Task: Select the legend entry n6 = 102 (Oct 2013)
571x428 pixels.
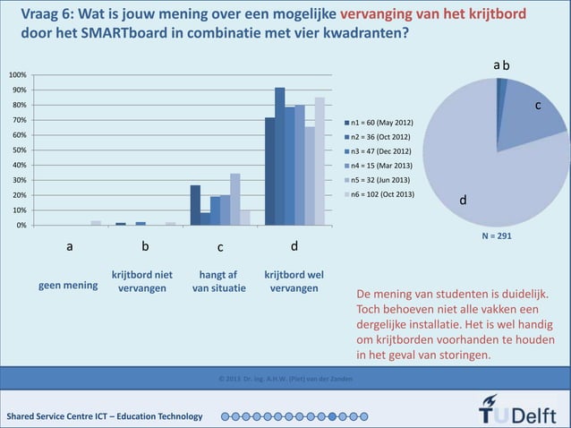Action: pyautogui.click(x=381, y=193)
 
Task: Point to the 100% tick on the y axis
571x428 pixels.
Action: pyautogui.click(x=18, y=75)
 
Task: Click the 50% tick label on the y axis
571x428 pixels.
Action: pyautogui.click(x=19, y=150)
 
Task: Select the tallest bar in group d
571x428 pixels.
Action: pyautogui.click(x=280, y=157)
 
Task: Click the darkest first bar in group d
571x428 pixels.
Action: pyautogui.click(x=270, y=171)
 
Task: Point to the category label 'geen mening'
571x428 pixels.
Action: pyautogui.click(x=68, y=287)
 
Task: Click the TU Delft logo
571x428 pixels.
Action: pyautogui.click(x=518, y=415)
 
